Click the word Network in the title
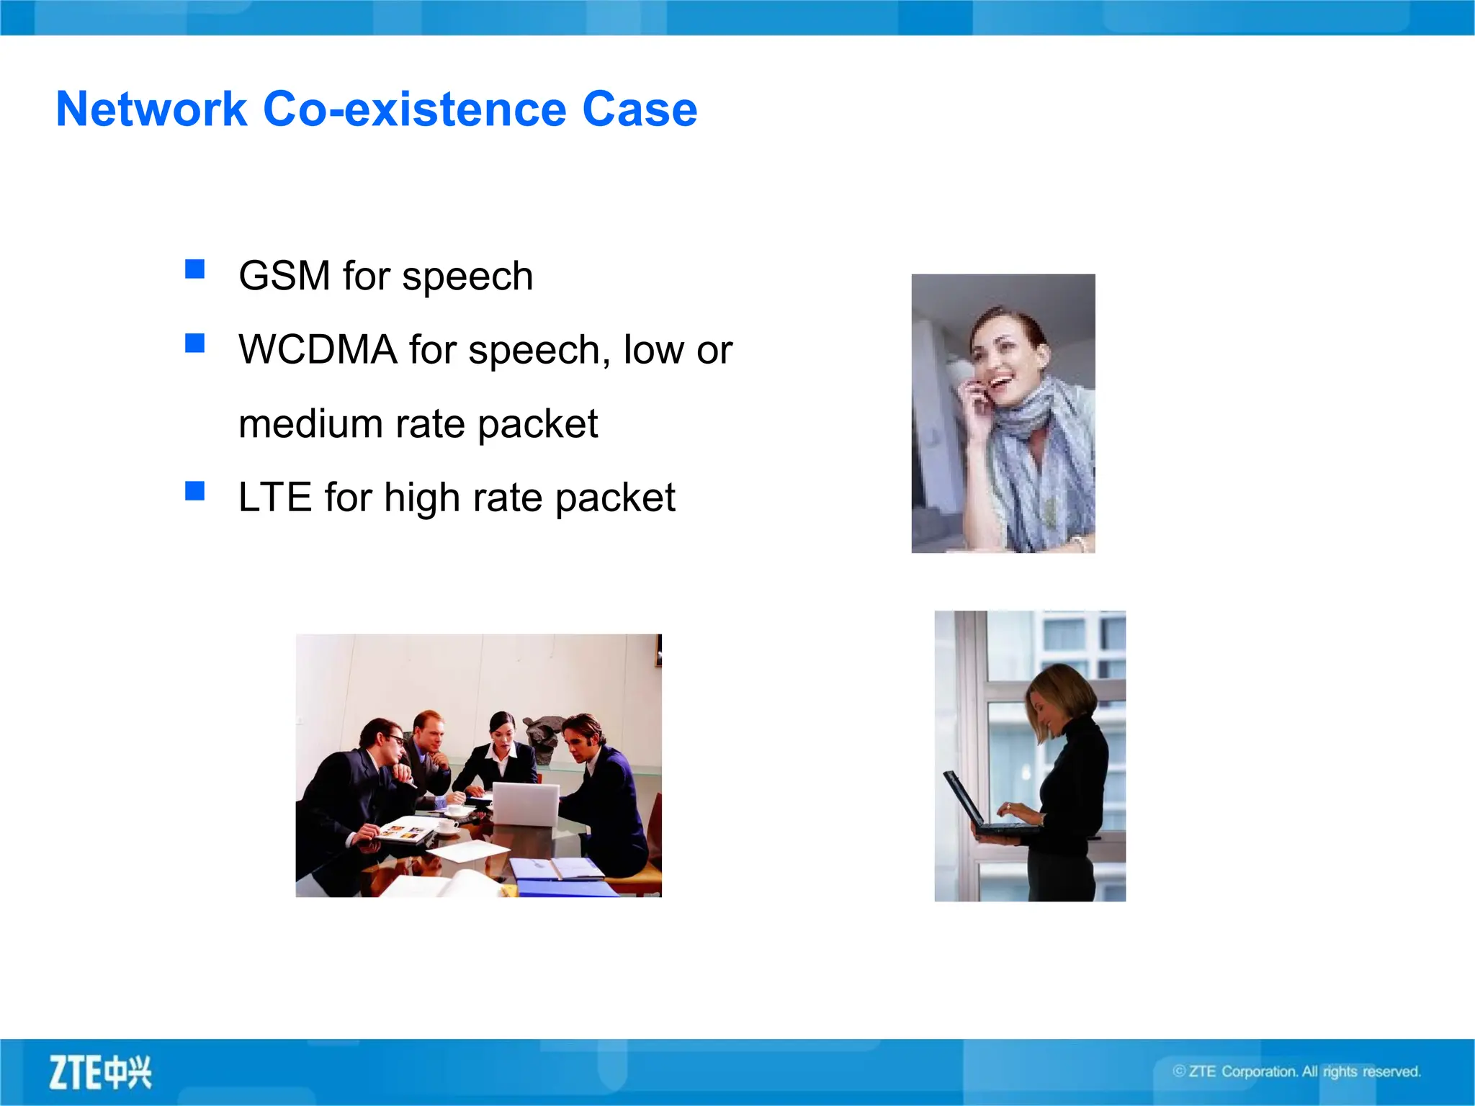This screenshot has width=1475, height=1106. click(x=151, y=109)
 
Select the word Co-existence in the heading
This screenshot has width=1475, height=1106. click(x=415, y=109)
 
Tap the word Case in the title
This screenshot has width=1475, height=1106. click(x=639, y=109)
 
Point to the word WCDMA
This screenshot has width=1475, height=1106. click(x=318, y=350)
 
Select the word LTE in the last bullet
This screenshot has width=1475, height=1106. click(x=274, y=498)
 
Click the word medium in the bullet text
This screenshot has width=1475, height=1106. click(x=310, y=424)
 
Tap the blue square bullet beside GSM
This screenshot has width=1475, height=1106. click(x=194, y=269)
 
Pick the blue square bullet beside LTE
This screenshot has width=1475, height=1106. click(x=194, y=491)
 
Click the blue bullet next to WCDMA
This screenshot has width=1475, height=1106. click(x=194, y=343)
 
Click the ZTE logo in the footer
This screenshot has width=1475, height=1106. click(x=100, y=1073)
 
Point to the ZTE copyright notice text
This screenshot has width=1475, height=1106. click(x=1296, y=1071)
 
